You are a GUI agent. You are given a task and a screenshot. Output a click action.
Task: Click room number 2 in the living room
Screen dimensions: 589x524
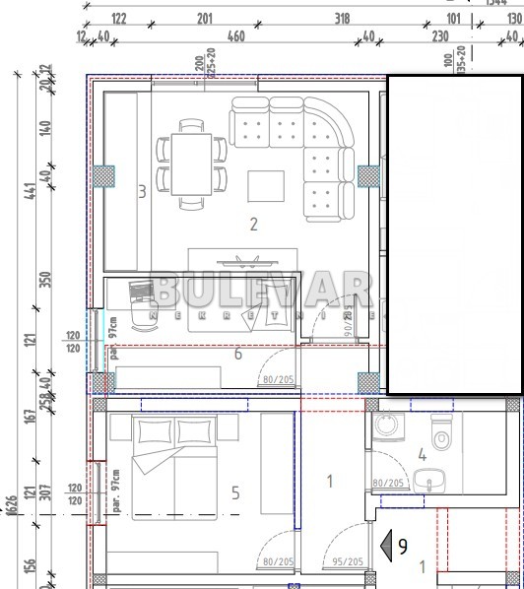pos(253,225)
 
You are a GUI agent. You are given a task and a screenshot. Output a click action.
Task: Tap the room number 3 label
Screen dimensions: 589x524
pos(142,191)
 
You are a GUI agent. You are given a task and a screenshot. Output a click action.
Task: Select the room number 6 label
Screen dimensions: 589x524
pos(237,354)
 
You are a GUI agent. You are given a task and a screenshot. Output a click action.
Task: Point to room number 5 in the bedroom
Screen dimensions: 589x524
pos(234,492)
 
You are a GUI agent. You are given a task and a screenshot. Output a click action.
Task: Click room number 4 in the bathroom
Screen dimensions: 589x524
pos(422,455)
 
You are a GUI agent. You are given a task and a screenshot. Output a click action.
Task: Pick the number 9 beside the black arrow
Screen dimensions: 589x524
pos(403,542)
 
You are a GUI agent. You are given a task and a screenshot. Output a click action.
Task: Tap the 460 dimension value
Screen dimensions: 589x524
pos(235,36)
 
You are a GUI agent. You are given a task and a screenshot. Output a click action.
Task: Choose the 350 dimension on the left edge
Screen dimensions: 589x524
pos(42,279)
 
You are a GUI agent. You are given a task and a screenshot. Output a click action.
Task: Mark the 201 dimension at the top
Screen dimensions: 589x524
pos(205,18)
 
